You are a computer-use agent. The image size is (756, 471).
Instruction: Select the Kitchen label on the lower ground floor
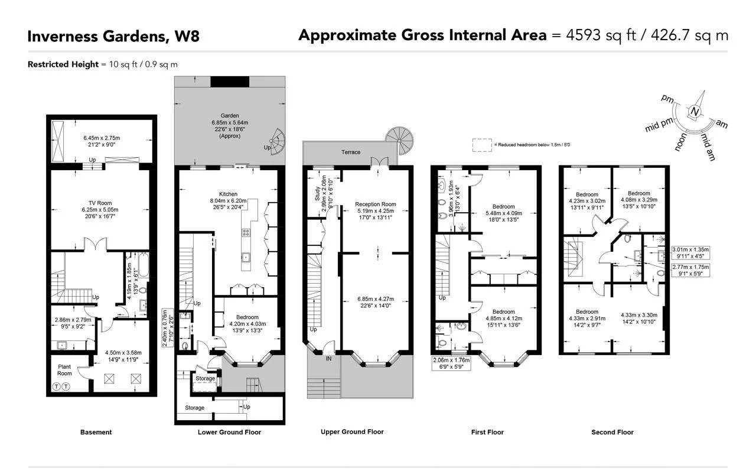228,194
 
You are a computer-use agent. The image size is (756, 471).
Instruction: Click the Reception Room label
375,204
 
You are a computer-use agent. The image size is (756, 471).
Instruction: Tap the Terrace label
350,152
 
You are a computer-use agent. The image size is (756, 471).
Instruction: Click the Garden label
230,116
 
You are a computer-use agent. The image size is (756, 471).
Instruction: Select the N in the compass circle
695,113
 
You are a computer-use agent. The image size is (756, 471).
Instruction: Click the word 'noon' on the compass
682,142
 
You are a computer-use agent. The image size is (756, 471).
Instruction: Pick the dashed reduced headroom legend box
482,144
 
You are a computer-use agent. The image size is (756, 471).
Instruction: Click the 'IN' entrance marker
328,358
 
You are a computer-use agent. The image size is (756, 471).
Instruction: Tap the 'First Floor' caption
487,433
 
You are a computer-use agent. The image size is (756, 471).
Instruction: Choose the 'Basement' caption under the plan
96,433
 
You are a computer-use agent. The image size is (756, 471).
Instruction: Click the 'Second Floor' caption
612,433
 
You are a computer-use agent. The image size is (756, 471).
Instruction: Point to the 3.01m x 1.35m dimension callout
690,253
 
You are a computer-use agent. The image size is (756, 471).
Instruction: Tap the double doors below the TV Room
96,243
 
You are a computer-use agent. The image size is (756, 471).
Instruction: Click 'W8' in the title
186,37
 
